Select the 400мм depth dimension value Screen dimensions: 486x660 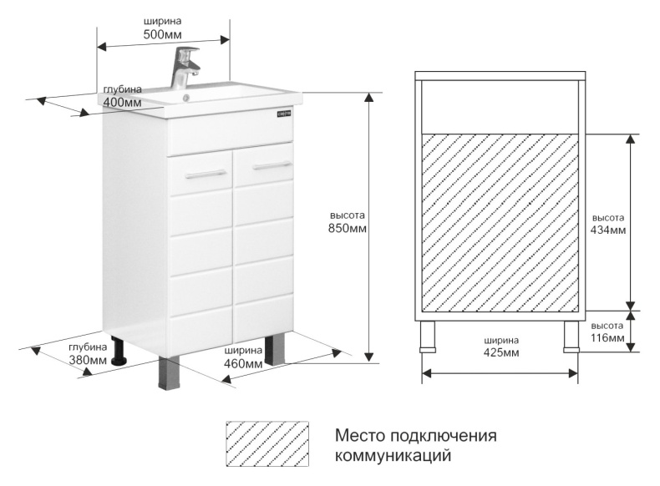tap(122, 102)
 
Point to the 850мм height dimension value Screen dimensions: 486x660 tap(348, 228)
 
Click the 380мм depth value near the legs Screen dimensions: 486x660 tap(88, 360)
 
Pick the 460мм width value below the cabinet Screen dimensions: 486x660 tap(243, 363)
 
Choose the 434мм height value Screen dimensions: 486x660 tap(607, 230)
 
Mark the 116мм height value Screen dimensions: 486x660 tap(607, 338)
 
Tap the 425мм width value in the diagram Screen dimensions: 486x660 tap(500, 353)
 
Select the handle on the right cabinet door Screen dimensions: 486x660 tap(271, 165)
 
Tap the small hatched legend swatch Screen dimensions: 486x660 tap(267, 443)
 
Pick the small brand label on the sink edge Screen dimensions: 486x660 tap(283, 112)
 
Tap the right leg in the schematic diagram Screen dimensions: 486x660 tap(571, 337)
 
